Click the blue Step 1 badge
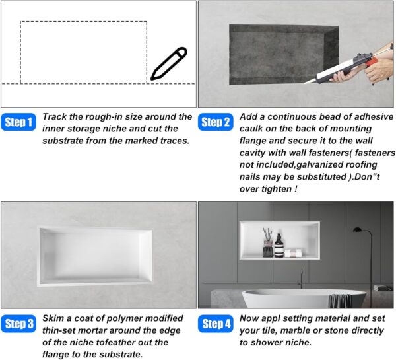click(18, 122)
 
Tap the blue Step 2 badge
click(215, 122)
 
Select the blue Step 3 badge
click(18, 324)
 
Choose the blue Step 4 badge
click(215, 324)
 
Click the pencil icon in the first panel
click(169, 63)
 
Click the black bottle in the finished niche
click(279, 246)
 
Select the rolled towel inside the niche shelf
click(293, 253)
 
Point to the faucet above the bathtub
click(300, 278)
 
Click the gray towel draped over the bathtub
click(340, 301)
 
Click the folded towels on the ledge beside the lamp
click(382, 288)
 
